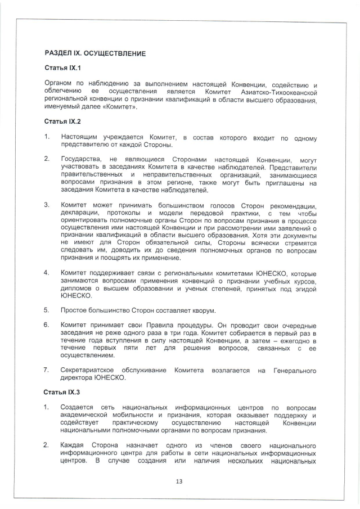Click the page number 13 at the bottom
click(180, 481)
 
